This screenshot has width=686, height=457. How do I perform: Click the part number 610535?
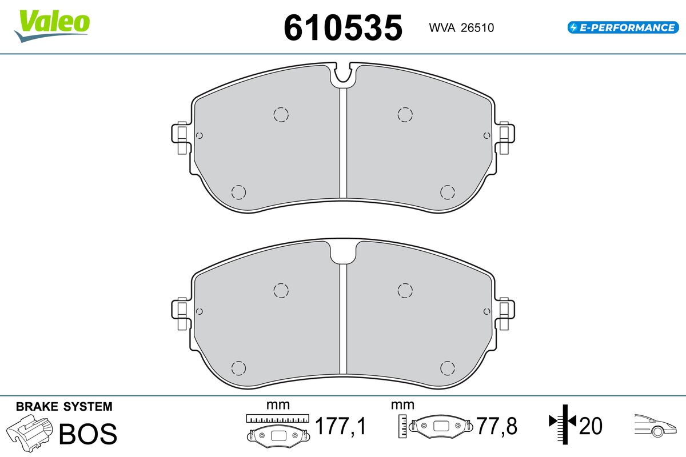[x=343, y=28]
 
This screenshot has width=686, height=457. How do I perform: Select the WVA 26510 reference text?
[x=461, y=28]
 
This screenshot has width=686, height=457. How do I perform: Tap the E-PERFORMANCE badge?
[x=623, y=27]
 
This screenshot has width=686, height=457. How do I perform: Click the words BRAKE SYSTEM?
[x=64, y=407]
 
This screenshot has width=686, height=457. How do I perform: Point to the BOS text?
[x=88, y=434]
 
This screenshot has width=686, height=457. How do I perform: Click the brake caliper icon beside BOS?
[x=29, y=433]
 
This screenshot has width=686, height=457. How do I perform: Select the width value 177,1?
[x=340, y=426]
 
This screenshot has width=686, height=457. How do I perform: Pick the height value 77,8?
[x=497, y=426]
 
